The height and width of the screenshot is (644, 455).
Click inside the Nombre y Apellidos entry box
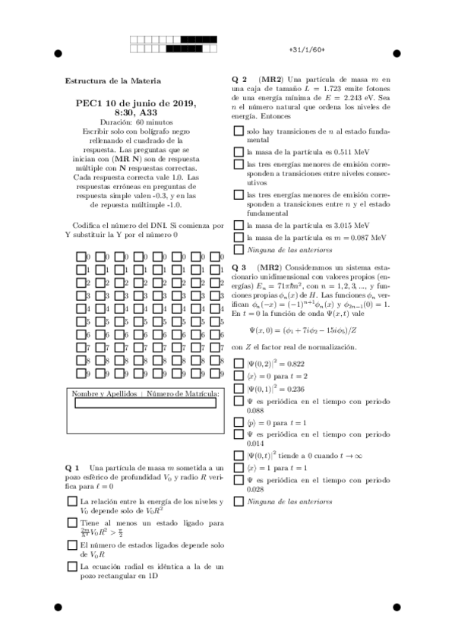(x=145, y=405)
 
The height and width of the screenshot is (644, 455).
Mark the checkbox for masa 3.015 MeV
(x=239, y=226)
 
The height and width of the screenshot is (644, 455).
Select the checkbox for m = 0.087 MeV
(x=239, y=238)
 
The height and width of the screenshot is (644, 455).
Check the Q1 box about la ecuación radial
(x=71, y=566)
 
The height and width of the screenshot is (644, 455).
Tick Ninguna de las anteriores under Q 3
(x=239, y=501)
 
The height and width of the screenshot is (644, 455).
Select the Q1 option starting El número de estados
(x=71, y=545)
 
